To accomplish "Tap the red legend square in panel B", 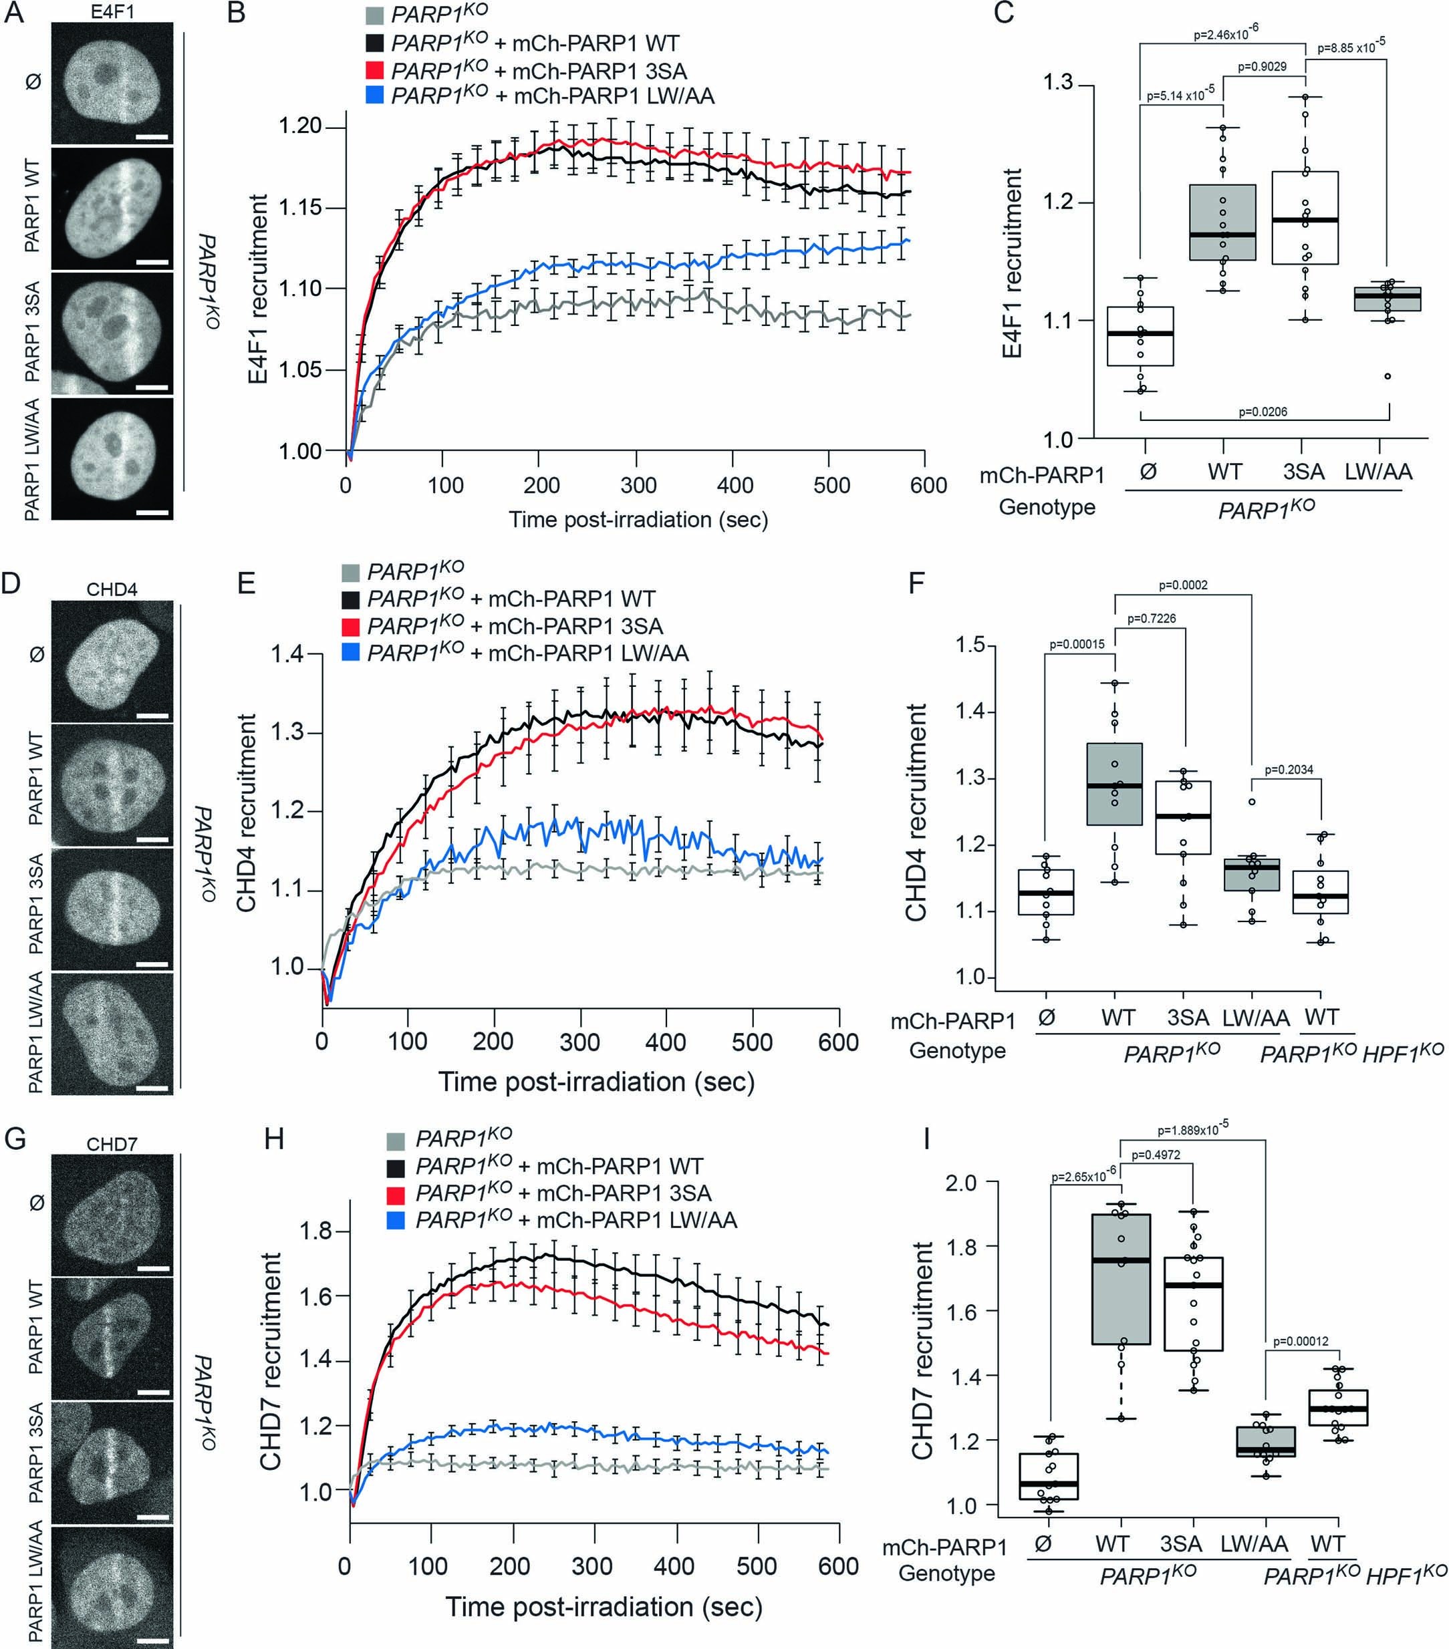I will click(374, 70).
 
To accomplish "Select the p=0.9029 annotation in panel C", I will click(1262, 67).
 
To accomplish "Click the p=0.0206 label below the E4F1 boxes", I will click(1263, 412).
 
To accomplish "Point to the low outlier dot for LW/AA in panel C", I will click(1388, 376).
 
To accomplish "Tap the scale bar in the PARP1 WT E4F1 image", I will click(152, 261).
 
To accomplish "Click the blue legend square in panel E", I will click(351, 653).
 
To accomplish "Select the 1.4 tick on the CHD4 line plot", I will click(287, 653).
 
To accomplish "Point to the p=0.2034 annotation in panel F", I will click(1289, 770).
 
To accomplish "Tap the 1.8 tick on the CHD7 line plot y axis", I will click(315, 1231).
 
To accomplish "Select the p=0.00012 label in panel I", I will click(1301, 1342).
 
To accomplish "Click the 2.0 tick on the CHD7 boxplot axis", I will click(961, 1183).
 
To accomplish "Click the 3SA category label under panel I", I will click(1181, 1544).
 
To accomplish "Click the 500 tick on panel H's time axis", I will click(757, 1567).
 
